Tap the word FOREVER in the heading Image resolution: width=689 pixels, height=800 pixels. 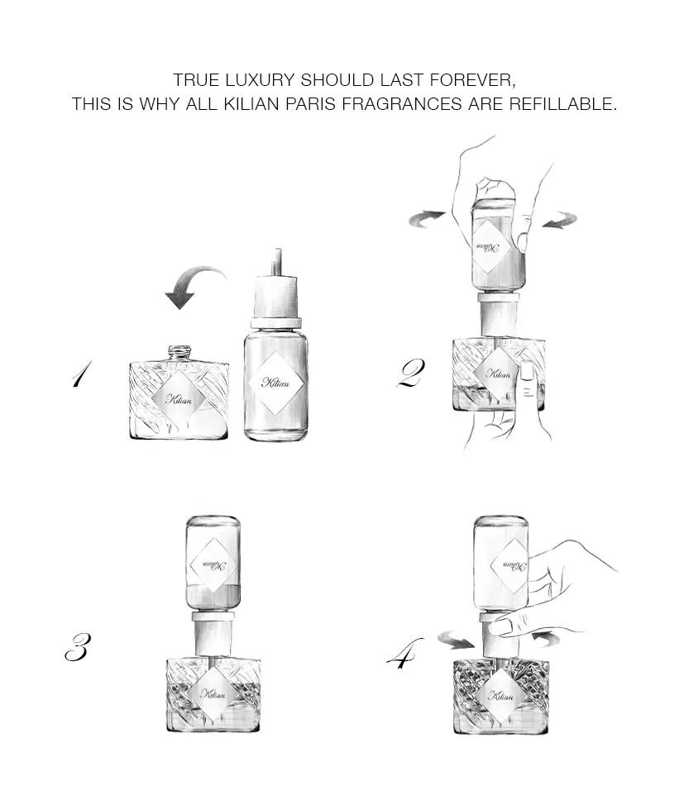coord(471,80)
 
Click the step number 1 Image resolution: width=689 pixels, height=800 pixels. coord(82,374)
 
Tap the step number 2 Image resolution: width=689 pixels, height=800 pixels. coord(411,374)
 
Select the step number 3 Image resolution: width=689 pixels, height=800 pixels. coord(78,647)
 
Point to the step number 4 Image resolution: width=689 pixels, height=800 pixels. coord(404,653)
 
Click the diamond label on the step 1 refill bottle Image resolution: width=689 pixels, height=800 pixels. coord(275,383)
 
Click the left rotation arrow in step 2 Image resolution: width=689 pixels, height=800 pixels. coord(427,218)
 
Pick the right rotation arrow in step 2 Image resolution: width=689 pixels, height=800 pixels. coord(560,220)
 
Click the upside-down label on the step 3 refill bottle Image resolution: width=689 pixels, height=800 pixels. coord(213,565)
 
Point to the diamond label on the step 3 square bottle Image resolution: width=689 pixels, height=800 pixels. coord(213,694)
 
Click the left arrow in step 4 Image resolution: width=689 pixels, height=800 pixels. coord(456,640)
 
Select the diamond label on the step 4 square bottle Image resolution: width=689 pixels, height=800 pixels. coord(500,695)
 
